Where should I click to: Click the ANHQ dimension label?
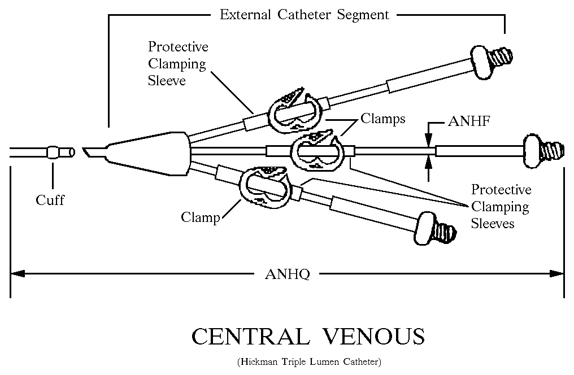point(287,274)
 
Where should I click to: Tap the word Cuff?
point(50,200)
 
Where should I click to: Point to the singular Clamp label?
point(201,217)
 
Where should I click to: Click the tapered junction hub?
point(149,153)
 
